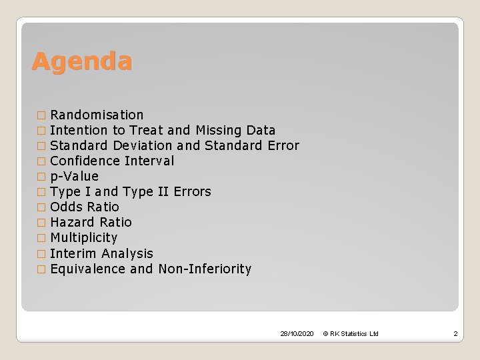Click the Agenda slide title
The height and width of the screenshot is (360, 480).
(81, 62)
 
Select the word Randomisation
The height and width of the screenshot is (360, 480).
(97, 115)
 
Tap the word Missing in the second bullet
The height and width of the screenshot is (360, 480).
(219, 130)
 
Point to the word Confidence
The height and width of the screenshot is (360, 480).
(85, 161)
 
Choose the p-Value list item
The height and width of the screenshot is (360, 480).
(74, 176)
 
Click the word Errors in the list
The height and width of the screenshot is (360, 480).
(191, 191)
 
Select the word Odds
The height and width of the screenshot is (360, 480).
(65, 207)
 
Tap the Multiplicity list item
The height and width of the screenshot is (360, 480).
(83, 237)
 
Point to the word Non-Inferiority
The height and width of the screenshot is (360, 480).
(205, 269)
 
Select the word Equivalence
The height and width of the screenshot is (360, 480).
(87, 269)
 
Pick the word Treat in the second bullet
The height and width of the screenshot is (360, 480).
(148, 130)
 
